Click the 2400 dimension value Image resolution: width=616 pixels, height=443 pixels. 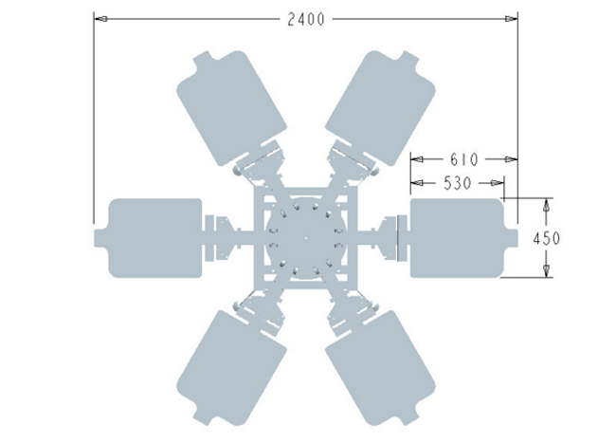point(306,19)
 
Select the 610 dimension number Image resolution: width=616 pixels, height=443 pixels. point(464,159)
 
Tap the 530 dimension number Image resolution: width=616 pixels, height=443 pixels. point(457,183)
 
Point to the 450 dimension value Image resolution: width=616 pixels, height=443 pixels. point(547,238)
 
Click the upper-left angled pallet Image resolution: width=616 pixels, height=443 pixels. point(232,108)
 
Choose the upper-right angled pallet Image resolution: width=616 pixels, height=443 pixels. point(380,108)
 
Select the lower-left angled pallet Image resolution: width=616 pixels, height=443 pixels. point(232,368)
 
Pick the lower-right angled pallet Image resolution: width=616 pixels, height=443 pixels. point(380,368)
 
